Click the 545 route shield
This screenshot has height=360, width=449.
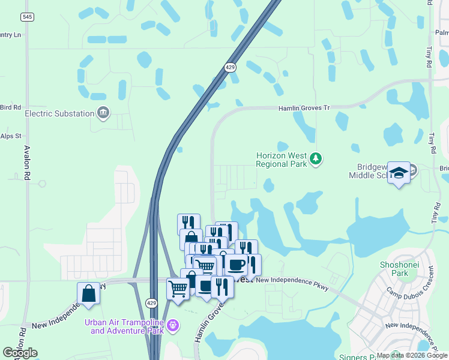click(x=27, y=17)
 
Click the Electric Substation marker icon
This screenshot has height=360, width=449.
click(x=104, y=113)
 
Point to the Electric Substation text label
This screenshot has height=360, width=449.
click(x=59, y=113)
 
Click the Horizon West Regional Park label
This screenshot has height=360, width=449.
click(x=281, y=158)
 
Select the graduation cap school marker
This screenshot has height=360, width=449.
click(x=399, y=173)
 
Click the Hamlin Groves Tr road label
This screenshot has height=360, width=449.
click(x=304, y=108)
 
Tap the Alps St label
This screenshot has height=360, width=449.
click(x=11, y=136)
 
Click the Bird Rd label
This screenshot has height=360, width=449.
click(x=11, y=107)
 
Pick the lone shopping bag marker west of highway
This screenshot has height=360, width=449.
click(x=88, y=293)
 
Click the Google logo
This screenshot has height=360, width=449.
click(x=20, y=353)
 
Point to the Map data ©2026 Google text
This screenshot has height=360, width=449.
click(x=412, y=355)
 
